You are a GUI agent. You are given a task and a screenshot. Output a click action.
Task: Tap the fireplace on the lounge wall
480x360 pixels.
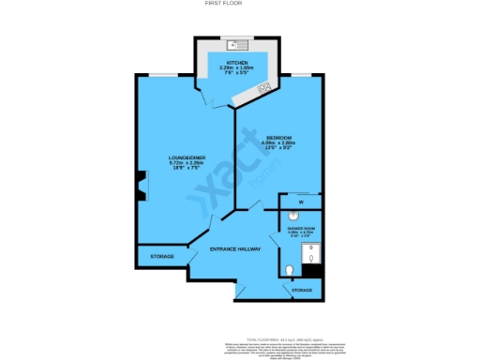(x=140, y=187)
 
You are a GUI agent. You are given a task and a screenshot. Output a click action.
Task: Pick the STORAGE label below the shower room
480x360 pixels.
(x=302, y=291)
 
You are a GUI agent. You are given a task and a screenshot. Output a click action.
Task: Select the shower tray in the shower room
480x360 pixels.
(x=313, y=254)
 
